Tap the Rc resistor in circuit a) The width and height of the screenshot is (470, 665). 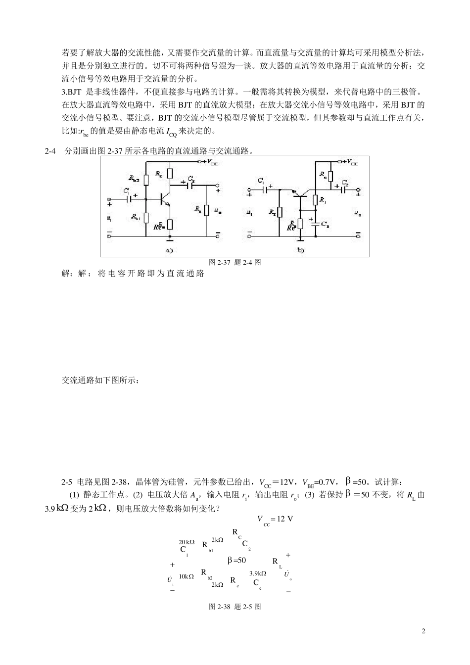click(x=170, y=174)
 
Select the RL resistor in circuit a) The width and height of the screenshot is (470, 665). click(x=206, y=210)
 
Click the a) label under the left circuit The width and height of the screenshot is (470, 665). click(x=169, y=250)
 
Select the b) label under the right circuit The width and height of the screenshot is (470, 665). click(x=301, y=250)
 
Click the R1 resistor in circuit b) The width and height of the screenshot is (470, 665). click(x=315, y=200)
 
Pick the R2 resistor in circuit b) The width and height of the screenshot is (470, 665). click(x=280, y=212)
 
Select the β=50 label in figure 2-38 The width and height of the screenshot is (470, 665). click(x=236, y=561)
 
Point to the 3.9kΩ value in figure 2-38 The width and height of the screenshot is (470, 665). click(x=258, y=573)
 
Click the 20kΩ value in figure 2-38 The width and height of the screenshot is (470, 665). click(x=187, y=542)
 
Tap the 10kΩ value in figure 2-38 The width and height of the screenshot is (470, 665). click(x=186, y=576)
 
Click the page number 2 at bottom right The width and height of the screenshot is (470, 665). click(x=423, y=631)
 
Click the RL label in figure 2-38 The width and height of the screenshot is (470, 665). click(x=277, y=562)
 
